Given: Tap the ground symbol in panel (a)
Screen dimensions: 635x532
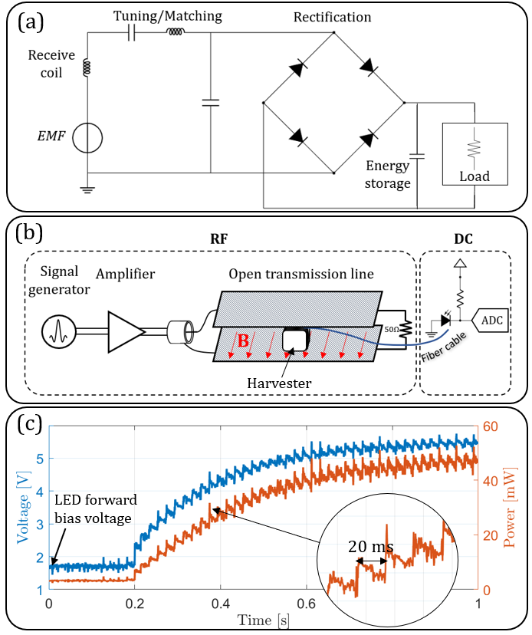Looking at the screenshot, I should (87, 188).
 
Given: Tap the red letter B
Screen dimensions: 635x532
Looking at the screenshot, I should (242, 341).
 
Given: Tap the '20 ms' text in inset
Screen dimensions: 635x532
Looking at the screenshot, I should (370, 547).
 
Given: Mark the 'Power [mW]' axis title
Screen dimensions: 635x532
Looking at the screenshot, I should (517, 506).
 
